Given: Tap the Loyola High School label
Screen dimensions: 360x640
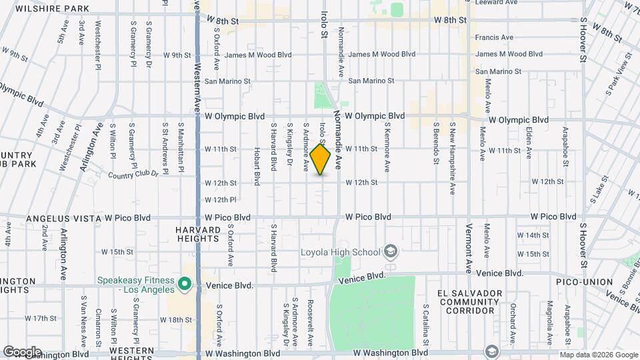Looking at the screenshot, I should click(340, 252).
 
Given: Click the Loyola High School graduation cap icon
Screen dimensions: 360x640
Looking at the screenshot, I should click(391, 252).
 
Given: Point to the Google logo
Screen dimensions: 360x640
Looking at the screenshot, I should click(22, 352).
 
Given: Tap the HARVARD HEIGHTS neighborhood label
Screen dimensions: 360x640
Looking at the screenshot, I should click(198, 235).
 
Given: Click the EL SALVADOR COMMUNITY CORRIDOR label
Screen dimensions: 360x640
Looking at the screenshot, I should click(469, 302).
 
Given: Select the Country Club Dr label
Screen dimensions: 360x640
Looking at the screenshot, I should click(133, 175).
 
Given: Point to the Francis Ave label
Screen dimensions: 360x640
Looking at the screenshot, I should click(494, 37).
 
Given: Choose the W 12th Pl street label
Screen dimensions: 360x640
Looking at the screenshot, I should click(221, 199).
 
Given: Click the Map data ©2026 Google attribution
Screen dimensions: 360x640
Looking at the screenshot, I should click(597, 355).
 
